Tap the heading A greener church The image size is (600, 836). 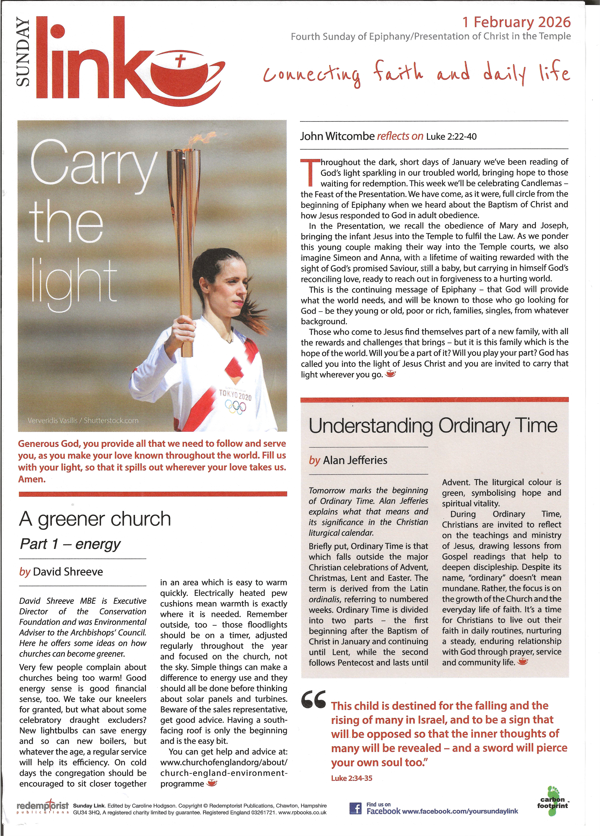point(95,519)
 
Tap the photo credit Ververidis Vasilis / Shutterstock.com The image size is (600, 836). point(83,421)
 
